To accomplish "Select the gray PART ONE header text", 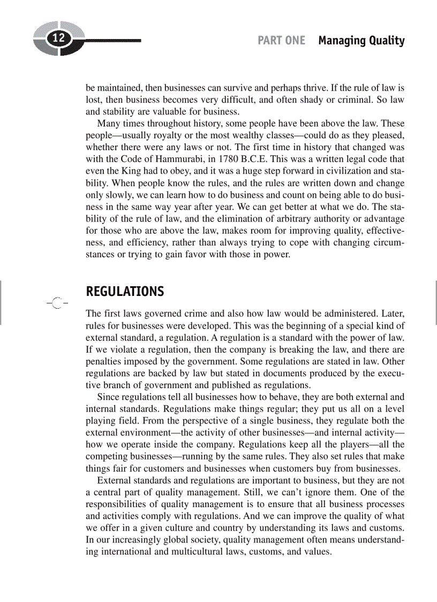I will click(281, 41).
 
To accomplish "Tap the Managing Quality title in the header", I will click(361, 41).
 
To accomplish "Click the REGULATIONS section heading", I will click(125, 292).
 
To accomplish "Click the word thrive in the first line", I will click(342, 87).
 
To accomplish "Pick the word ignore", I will click(319, 492).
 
